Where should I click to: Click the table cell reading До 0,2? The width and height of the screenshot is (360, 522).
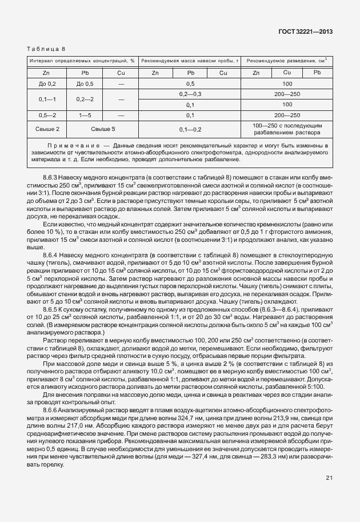click(x=46, y=83)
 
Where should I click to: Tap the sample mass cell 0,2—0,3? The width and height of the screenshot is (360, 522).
click(x=190, y=94)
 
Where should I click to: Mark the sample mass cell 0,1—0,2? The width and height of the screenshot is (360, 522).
click(x=190, y=130)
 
